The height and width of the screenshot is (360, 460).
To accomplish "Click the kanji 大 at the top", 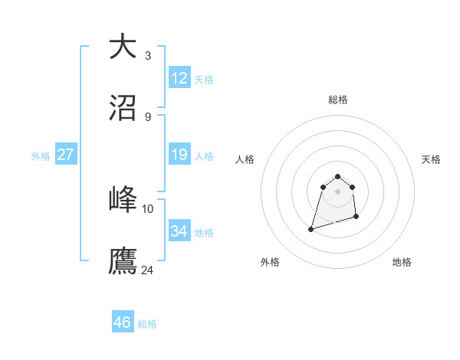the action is point(123,45).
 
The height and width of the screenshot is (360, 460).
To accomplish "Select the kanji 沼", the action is point(123,108).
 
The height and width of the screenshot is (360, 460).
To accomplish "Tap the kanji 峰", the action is point(123,198).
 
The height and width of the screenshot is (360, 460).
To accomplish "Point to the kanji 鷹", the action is point(123,260).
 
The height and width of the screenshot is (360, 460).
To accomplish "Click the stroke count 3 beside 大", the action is point(148,55).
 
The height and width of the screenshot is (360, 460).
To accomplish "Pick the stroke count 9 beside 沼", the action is point(148,117).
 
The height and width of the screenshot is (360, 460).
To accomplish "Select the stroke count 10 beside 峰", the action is point(148,208).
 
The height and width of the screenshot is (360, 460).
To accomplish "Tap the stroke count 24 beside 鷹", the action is point(148,270).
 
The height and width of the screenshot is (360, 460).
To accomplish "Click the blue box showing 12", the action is point(179,78).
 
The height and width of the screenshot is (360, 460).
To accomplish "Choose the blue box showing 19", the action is point(179,155).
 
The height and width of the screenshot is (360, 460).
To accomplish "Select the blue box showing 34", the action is point(179,231).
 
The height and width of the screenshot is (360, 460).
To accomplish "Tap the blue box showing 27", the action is point(65,155).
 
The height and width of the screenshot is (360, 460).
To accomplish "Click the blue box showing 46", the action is point(123,322).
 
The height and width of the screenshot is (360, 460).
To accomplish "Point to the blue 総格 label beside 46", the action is point(147,324).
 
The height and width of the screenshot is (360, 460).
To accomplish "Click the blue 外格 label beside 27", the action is point(41,156).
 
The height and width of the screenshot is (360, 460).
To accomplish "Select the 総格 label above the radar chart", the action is point(338,100).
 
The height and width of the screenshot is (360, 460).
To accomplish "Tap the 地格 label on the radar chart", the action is point(402,262).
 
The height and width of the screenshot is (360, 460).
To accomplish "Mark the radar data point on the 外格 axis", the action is point(311,228).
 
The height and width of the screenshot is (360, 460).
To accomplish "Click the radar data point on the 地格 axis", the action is point(357,218).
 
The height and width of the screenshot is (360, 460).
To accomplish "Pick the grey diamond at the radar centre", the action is point(338,191).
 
